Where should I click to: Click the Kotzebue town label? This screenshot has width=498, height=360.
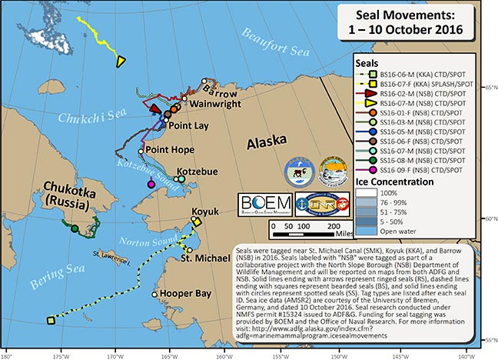[198, 169]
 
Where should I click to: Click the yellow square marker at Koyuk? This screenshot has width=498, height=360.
[197, 222]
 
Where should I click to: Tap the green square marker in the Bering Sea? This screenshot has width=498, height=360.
[50, 320]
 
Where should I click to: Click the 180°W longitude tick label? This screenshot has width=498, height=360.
[7, 355]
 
